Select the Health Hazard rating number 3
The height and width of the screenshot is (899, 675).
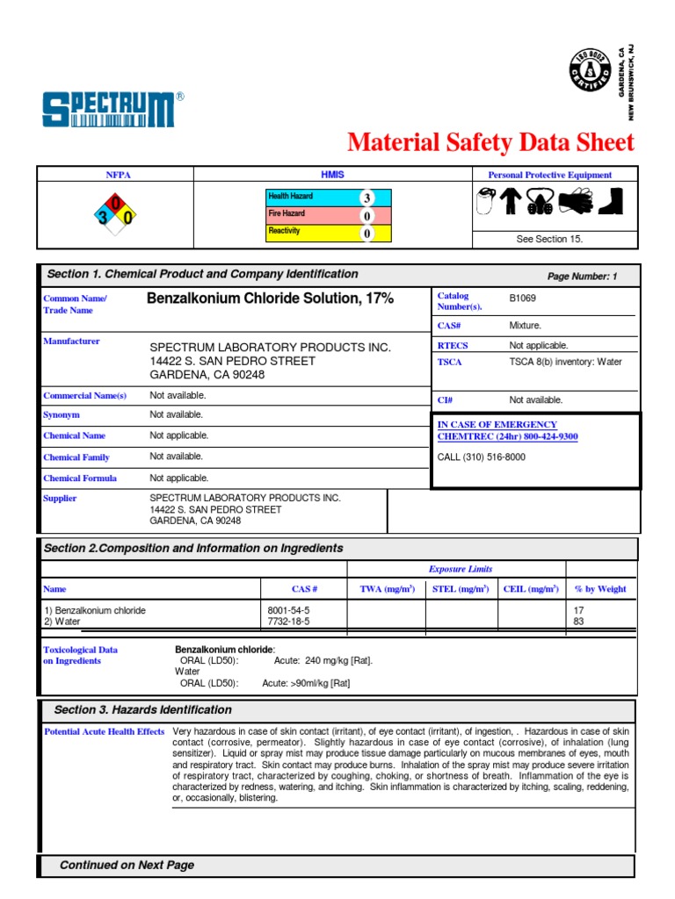click(367, 198)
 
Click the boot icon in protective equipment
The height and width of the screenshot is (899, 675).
click(609, 201)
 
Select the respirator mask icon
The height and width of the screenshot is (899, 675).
click(539, 202)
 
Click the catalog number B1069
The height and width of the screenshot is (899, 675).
click(522, 298)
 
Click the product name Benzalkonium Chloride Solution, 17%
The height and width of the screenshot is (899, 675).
click(270, 299)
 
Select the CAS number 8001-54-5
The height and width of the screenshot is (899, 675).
click(288, 610)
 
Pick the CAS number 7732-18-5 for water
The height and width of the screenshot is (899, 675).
click(288, 622)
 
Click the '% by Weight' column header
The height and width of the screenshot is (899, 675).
click(599, 589)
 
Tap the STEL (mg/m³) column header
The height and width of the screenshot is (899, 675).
click(461, 589)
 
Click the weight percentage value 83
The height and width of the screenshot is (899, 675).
click(578, 622)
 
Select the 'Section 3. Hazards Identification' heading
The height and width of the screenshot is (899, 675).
click(143, 710)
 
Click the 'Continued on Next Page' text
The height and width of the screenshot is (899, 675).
click(127, 866)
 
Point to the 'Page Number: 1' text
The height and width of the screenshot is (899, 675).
click(582, 277)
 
